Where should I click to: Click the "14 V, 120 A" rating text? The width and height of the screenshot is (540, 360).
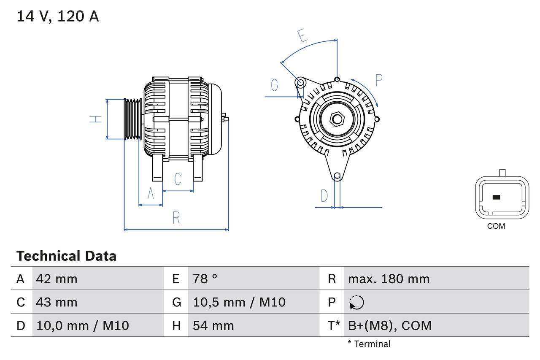point(57,16)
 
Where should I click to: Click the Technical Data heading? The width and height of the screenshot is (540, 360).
point(66,256)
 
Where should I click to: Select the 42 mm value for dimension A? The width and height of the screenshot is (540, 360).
point(57,279)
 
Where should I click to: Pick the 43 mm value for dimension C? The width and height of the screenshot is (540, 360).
point(57,302)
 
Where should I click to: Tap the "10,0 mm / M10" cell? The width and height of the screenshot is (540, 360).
point(83,325)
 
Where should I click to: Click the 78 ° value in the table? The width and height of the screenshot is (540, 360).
point(205,279)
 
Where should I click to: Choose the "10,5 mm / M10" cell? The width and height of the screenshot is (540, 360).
point(239,302)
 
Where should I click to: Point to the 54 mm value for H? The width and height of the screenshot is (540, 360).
point(213,325)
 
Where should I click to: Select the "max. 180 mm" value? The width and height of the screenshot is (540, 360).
point(389,279)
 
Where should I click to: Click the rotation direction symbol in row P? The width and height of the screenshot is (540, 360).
point(356,303)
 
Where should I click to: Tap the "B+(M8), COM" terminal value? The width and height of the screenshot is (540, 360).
point(390,325)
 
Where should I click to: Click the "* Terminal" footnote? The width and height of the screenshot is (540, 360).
point(369,344)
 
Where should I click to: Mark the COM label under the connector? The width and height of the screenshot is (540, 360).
point(496,226)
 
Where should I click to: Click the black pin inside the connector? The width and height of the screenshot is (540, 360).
point(497,197)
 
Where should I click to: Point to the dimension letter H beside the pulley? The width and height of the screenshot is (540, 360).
point(96,119)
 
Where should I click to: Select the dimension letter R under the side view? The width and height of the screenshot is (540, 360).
point(176,218)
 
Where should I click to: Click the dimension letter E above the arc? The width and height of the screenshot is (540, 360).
point(302,36)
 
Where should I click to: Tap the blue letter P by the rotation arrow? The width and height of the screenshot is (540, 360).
point(378,80)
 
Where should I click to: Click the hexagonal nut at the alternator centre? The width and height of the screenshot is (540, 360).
point(337,119)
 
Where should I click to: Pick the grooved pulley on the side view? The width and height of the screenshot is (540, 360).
point(133,119)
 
